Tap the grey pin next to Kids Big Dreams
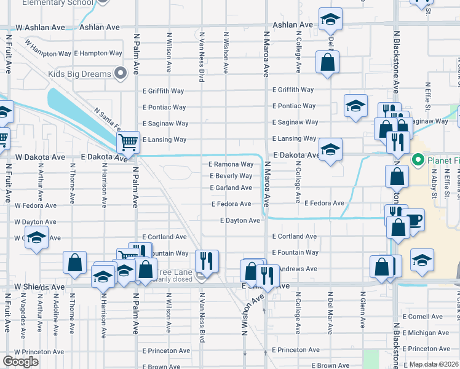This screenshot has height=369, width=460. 121,74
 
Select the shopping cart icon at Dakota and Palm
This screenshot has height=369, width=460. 129,143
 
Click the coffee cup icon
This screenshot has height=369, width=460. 413,220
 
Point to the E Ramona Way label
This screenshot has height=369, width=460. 231,164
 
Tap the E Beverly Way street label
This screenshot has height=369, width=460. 231,176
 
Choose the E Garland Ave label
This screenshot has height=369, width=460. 231,188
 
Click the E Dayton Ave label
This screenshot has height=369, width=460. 240,220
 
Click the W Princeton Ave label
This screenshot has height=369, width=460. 39,352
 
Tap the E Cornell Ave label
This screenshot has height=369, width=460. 422,316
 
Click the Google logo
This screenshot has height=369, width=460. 20,362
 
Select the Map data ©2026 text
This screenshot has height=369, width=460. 434,364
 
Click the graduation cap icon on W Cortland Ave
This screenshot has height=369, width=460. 37,238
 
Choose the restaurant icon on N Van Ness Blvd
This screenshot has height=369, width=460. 207,260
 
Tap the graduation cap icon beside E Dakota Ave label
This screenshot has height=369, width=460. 330,149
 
